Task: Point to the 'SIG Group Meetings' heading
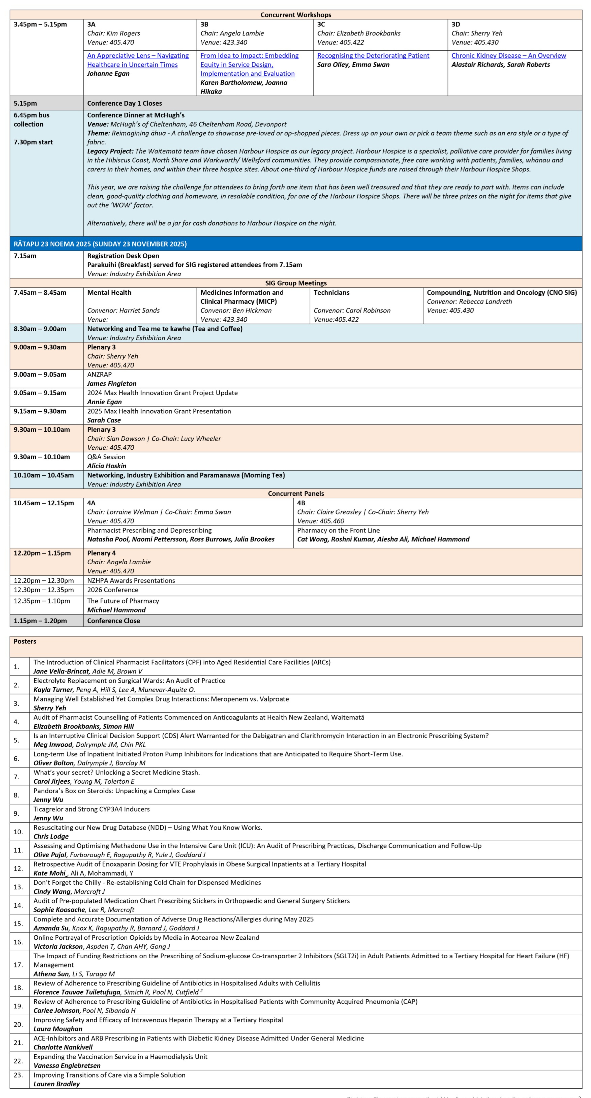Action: tap(296, 283)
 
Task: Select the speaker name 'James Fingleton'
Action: tap(112, 384)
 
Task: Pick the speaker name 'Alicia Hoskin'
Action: tap(106, 466)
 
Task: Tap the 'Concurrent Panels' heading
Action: tap(296, 494)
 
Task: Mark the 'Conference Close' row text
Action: tap(113, 621)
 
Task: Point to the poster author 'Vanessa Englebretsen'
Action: tap(67, 1066)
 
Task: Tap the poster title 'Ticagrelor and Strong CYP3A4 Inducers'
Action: tap(92, 809)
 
